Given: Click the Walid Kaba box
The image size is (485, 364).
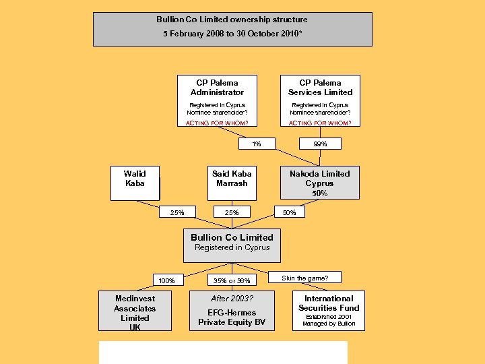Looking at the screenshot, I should pyautogui.click(x=135, y=183).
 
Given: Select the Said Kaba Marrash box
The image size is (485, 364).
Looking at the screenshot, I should pyautogui.click(x=232, y=183).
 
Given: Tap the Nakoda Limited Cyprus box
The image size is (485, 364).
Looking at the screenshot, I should pyautogui.click(x=319, y=183).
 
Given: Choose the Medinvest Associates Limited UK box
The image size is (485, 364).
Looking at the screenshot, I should pyautogui.click(x=135, y=311).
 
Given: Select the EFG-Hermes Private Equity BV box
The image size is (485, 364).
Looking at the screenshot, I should pyautogui.click(x=232, y=311).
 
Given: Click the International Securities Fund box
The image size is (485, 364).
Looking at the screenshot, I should pyautogui.click(x=329, y=311).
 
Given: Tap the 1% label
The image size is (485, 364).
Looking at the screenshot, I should pyautogui.click(x=257, y=144).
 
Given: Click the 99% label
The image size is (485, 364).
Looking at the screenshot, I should pyautogui.click(x=320, y=144).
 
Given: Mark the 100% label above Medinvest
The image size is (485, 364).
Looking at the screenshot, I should pyautogui.click(x=166, y=280).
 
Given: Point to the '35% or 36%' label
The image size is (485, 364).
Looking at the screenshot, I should pyautogui.click(x=232, y=280).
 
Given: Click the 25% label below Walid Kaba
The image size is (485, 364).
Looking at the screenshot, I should pyautogui.click(x=177, y=212).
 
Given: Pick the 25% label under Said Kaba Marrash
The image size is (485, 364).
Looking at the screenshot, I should pyautogui.click(x=232, y=212).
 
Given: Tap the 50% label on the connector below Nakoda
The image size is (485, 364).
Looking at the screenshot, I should pyautogui.click(x=290, y=212).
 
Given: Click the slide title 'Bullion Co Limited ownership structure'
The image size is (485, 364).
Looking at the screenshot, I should pyautogui.click(x=232, y=20).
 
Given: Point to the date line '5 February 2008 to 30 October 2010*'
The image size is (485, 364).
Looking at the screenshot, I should pyautogui.click(x=232, y=33).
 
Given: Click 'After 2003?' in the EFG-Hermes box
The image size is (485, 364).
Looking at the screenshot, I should pyautogui.click(x=232, y=298).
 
